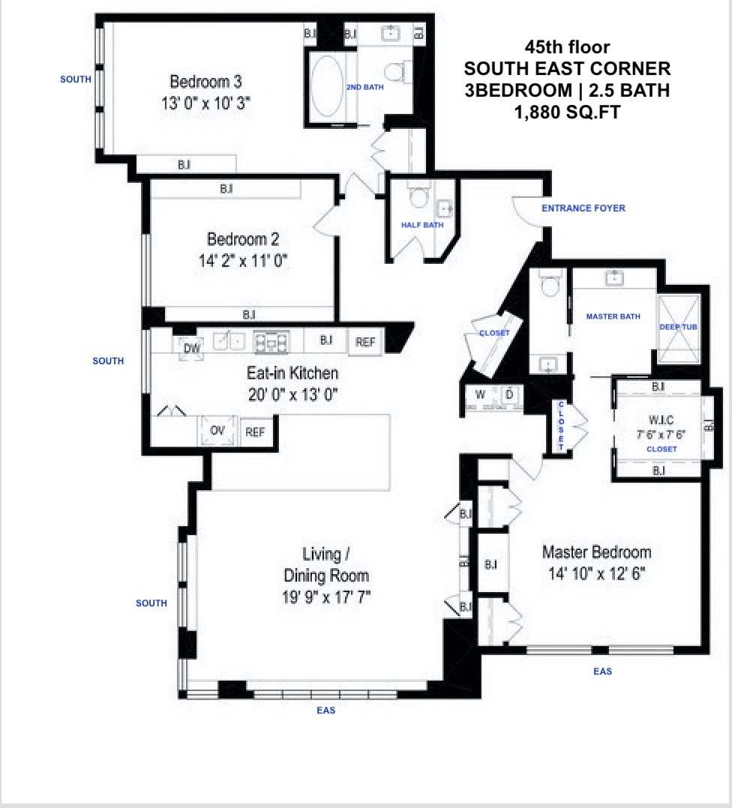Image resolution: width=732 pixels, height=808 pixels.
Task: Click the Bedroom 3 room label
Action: (x=205, y=82)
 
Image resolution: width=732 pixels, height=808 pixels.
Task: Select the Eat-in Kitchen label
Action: (x=292, y=373)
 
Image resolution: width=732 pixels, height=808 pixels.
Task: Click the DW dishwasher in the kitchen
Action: (x=191, y=348)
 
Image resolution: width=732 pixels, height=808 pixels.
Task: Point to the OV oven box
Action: (x=217, y=431)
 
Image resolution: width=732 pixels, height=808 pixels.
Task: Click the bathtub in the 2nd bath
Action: (x=326, y=87)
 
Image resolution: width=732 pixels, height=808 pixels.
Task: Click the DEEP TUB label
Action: (x=679, y=328)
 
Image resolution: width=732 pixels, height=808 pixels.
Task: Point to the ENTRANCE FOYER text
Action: (x=583, y=208)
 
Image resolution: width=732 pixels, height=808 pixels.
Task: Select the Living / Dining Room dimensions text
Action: (x=326, y=597)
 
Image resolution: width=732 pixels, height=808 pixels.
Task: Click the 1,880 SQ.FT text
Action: (x=566, y=112)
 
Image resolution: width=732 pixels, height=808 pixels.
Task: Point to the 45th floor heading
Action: (x=566, y=46)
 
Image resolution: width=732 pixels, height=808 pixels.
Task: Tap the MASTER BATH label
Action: (x=613, y=316)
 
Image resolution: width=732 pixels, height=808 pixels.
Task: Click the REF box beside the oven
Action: (x=255, y=431)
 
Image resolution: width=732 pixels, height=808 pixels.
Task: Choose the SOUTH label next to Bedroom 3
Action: (x=76, y=79)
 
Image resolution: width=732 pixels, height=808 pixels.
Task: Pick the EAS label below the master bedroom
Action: (x=602, y=672)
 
